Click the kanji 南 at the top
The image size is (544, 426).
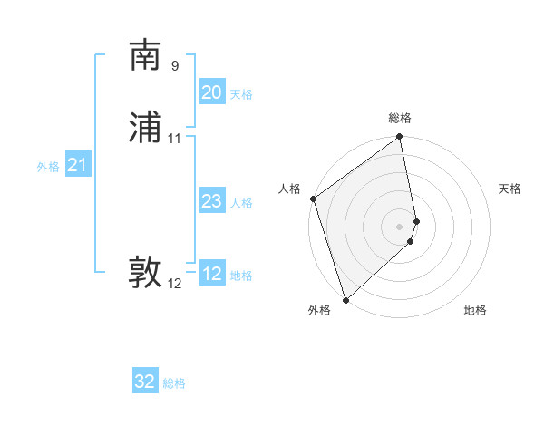(145, 56)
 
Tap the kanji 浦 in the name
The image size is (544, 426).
(145, 129)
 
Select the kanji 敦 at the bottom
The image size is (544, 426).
(145, 273)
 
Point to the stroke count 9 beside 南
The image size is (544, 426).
(175, 65)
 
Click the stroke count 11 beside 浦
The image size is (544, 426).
(175, 139)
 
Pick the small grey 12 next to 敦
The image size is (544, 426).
(175, 284)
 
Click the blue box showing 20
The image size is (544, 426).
(211, 92)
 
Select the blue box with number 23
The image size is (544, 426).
(211, 201)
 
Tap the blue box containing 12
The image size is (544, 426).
(211, 274)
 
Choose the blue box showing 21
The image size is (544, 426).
(77, 165)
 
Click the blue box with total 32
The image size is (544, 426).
(145, 382)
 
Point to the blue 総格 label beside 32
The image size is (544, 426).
(174, 383)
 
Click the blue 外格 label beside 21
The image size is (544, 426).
(48, 167)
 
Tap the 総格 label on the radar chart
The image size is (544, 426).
(400, 118)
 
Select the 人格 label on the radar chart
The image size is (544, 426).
(290, 189)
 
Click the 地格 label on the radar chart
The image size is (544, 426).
(475, 311)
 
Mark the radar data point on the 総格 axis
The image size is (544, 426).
(400, 138)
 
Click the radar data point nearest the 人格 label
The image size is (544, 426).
(313, 198)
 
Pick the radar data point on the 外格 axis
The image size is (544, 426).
(345, 300)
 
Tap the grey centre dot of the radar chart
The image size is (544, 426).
(400, 226)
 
